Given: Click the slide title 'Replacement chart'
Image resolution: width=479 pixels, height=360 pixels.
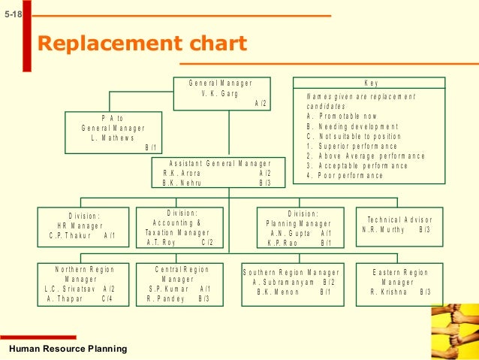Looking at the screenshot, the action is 142,44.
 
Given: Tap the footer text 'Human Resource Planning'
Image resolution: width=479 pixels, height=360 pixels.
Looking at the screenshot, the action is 68,349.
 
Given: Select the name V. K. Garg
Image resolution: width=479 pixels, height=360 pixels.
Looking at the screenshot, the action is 220,93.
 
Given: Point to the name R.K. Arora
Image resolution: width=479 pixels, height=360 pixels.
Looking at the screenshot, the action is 183,173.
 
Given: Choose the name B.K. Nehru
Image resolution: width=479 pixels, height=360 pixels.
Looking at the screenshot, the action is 183,183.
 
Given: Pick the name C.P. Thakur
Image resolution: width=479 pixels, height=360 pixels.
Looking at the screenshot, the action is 69,235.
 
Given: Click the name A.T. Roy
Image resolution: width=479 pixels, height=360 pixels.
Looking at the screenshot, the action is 162,243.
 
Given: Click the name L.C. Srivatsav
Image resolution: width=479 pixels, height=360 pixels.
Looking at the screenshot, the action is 68,289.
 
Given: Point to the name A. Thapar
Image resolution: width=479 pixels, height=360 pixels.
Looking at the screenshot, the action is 64,298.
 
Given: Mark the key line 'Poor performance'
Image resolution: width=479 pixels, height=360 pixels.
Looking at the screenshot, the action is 345,175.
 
